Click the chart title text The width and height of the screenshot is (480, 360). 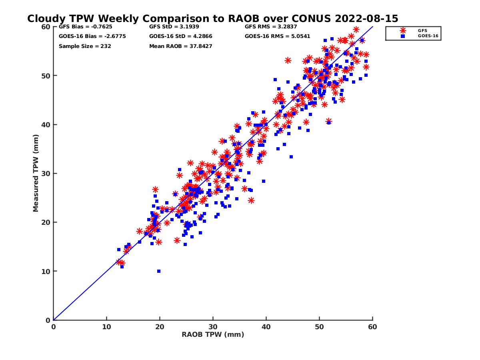coord(212,19)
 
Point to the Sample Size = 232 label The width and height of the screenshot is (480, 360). coord(85,46)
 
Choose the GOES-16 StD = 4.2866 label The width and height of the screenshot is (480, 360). coord(180,36)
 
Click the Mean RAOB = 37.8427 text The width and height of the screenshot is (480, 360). coord(180,46)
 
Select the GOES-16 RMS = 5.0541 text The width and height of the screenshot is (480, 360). coord(277,36)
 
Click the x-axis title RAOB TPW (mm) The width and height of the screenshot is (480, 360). coord(213,334)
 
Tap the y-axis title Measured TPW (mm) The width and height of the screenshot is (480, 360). coord(36,173)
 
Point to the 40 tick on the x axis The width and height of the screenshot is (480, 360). coord(266,327)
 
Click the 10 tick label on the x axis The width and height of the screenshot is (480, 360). coord(106,327)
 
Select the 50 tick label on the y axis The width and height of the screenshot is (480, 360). coord(46,76)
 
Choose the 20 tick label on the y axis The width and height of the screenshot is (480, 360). coord(46,222)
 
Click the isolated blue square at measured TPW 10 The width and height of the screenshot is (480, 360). coord(159,271)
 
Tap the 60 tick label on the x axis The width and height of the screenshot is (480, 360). coord(373,327)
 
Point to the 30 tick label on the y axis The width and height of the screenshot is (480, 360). coord(46,174)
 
